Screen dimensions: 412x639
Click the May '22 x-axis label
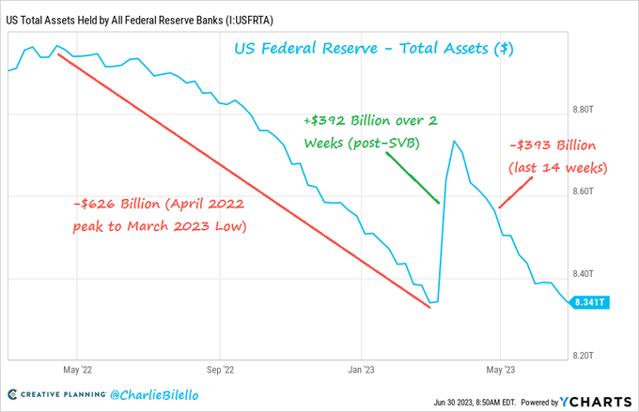pyautogui.click(x=75, y=370)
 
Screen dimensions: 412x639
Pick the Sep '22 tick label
pyautogui.click(x=219, y=370)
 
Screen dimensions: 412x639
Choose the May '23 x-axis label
pyautogui.click(x=500, y=370)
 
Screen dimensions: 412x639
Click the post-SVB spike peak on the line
pyautogui.click(x=455, y=142)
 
